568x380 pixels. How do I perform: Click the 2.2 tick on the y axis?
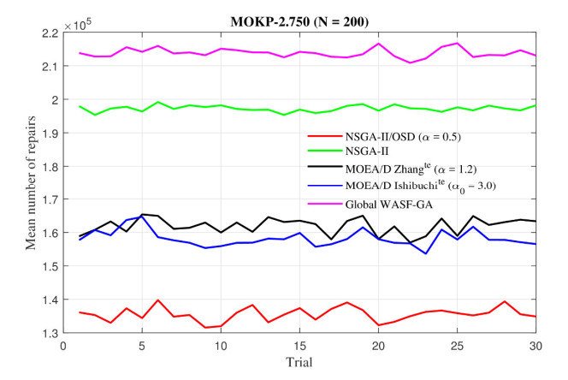[x=50, y=33]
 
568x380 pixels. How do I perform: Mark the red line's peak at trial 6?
[x=157, y=300]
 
